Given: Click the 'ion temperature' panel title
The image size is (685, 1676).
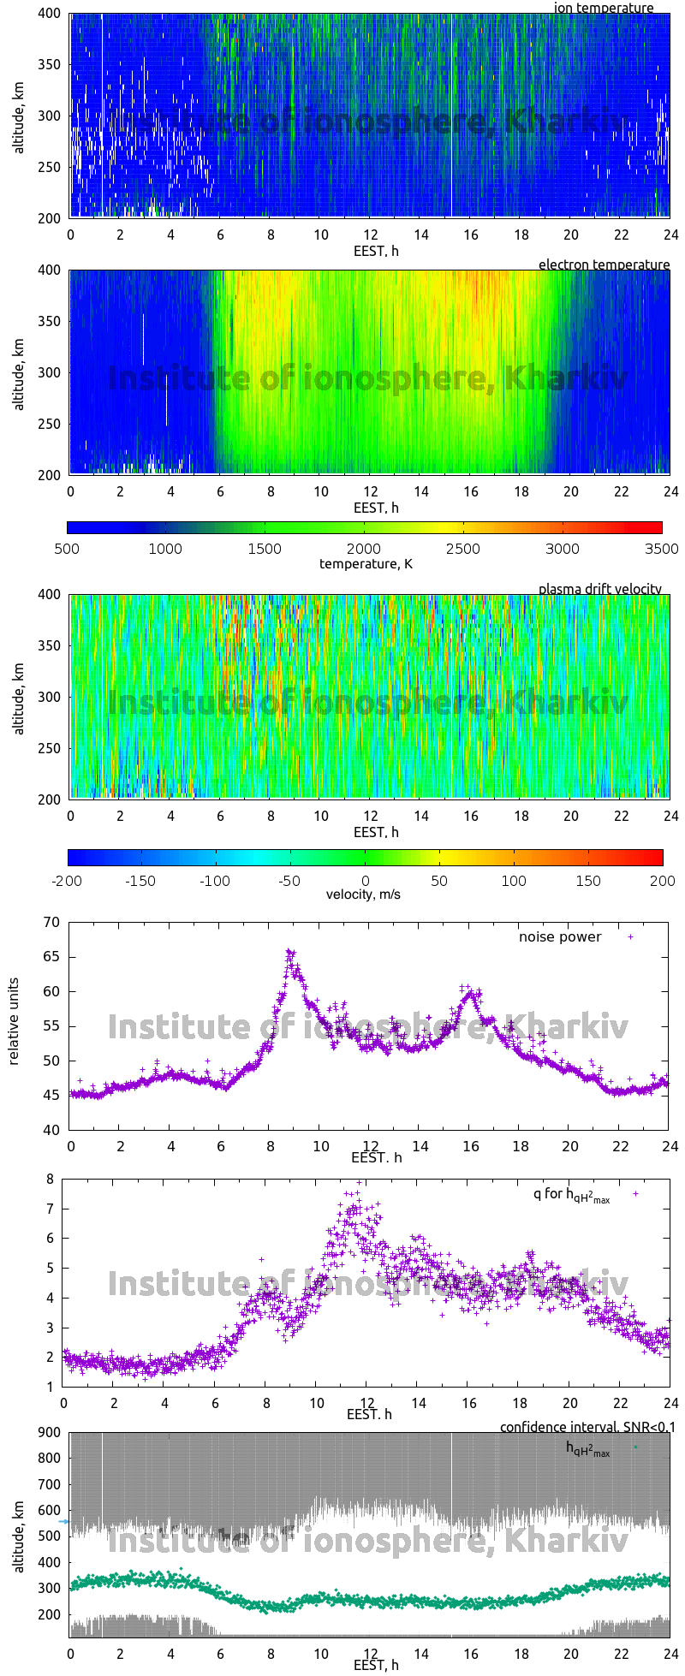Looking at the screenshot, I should click(x=603, y=8).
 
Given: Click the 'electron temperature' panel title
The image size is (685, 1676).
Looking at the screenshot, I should click(x=604, y=264).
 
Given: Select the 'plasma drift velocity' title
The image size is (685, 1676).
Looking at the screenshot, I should click(x=599, y=589).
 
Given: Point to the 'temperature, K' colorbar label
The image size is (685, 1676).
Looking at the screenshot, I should click(x=366, y=563).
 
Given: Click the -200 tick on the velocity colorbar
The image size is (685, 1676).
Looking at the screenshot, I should click(x=68, y=880).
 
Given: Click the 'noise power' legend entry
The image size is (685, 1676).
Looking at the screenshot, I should click(x=560, y=936).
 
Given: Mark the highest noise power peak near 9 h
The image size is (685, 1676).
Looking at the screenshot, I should click(x=289, y=951).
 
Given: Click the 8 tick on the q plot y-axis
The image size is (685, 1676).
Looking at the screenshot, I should click(x=50, y=1179).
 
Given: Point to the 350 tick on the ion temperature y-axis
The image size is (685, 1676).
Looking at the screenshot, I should click(x=50, y=64).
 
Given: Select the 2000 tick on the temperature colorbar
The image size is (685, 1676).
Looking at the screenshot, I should click(x=364, y=549).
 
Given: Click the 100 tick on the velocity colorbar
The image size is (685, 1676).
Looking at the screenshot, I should click(x=514, y=880).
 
